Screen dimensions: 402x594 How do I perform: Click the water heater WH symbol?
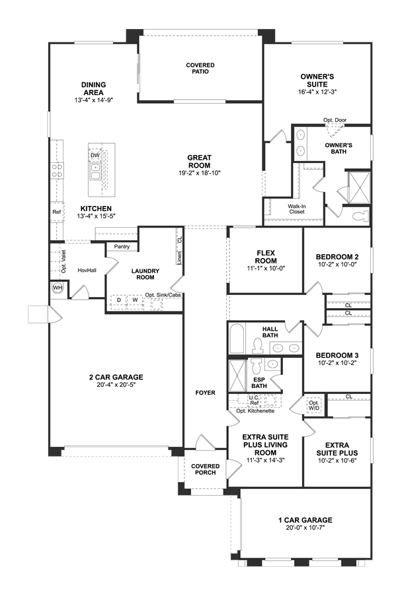pyautogui.click(x=58, y=288)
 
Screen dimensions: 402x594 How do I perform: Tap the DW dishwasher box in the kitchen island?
pyautogui.click(x=95, y=155)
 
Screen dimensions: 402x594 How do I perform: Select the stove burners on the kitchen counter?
pyautogui.click(x=58, y=171)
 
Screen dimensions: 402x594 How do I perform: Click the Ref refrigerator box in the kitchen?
pyautogui.click(x=57, y=212)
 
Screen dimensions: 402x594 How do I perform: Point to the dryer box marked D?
pyautogui.click(x=119, y=300)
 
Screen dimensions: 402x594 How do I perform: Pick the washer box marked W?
pyautogui.click(x=135, y=300)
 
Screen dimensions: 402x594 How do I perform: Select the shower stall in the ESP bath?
pyautogui.click(x=237, y=376)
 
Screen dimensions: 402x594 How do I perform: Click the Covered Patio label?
pyautogui.click(x=200, y=68)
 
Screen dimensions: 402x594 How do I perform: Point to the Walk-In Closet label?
pyautogui.click(x=296, y=209)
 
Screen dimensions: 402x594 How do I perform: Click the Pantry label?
pyautogui.click(x=122, y=247)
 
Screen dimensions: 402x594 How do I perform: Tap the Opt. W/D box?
pyautogui.click(x=314, y=406)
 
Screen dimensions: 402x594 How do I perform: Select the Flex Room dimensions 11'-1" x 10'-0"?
pyautogui.click(x=266, y=268)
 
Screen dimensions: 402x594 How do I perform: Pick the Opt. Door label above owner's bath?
pyautogui.click(x=335, y=120)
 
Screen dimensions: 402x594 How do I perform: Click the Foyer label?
pyautogui.click(x=206, y=393)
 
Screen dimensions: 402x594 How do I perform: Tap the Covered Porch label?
pyautogui.click(x=206, y=469)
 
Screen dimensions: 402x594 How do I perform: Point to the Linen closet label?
pyautogui.click(x=180, y=257)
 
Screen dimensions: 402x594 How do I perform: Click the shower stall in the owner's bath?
pyautogui.click(x=358, y=187)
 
